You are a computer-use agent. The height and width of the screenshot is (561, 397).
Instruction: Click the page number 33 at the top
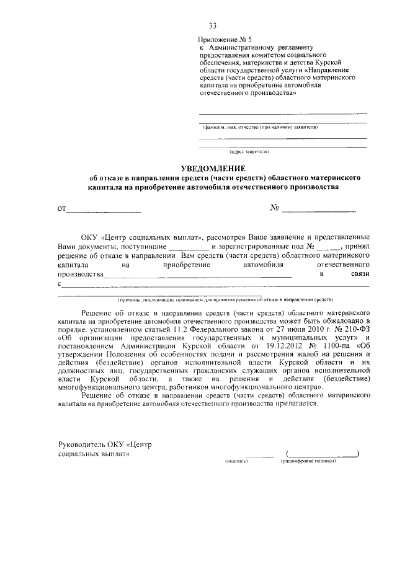point(213,25)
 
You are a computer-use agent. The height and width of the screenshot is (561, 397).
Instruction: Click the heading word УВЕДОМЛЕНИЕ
point(213,168)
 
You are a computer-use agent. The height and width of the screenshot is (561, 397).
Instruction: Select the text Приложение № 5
point(225,40)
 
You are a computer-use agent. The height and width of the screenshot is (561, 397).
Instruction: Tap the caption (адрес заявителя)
point(249,151)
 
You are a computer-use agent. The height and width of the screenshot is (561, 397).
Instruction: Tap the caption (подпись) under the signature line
point(237,462)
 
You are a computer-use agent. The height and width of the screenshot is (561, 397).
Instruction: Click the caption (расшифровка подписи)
point(308,462)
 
